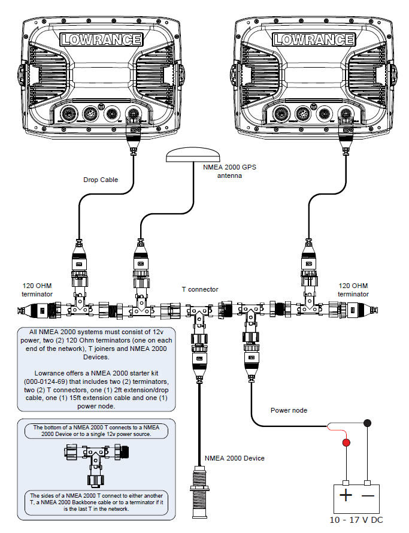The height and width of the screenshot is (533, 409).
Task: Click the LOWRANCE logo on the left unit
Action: [101, 40]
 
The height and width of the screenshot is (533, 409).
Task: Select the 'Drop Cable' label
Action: [101, 180]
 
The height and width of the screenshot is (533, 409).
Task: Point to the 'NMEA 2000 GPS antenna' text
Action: [230, 171]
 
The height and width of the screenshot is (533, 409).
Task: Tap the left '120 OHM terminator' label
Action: [37, 290]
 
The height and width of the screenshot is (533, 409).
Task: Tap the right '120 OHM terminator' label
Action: [353, 290]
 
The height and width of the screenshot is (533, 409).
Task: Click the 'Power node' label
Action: [288, 411]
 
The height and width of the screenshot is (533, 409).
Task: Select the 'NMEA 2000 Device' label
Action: [234, 458]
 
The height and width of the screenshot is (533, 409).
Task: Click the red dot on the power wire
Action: [346, 444]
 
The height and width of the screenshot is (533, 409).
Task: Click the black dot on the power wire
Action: [366, 423]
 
